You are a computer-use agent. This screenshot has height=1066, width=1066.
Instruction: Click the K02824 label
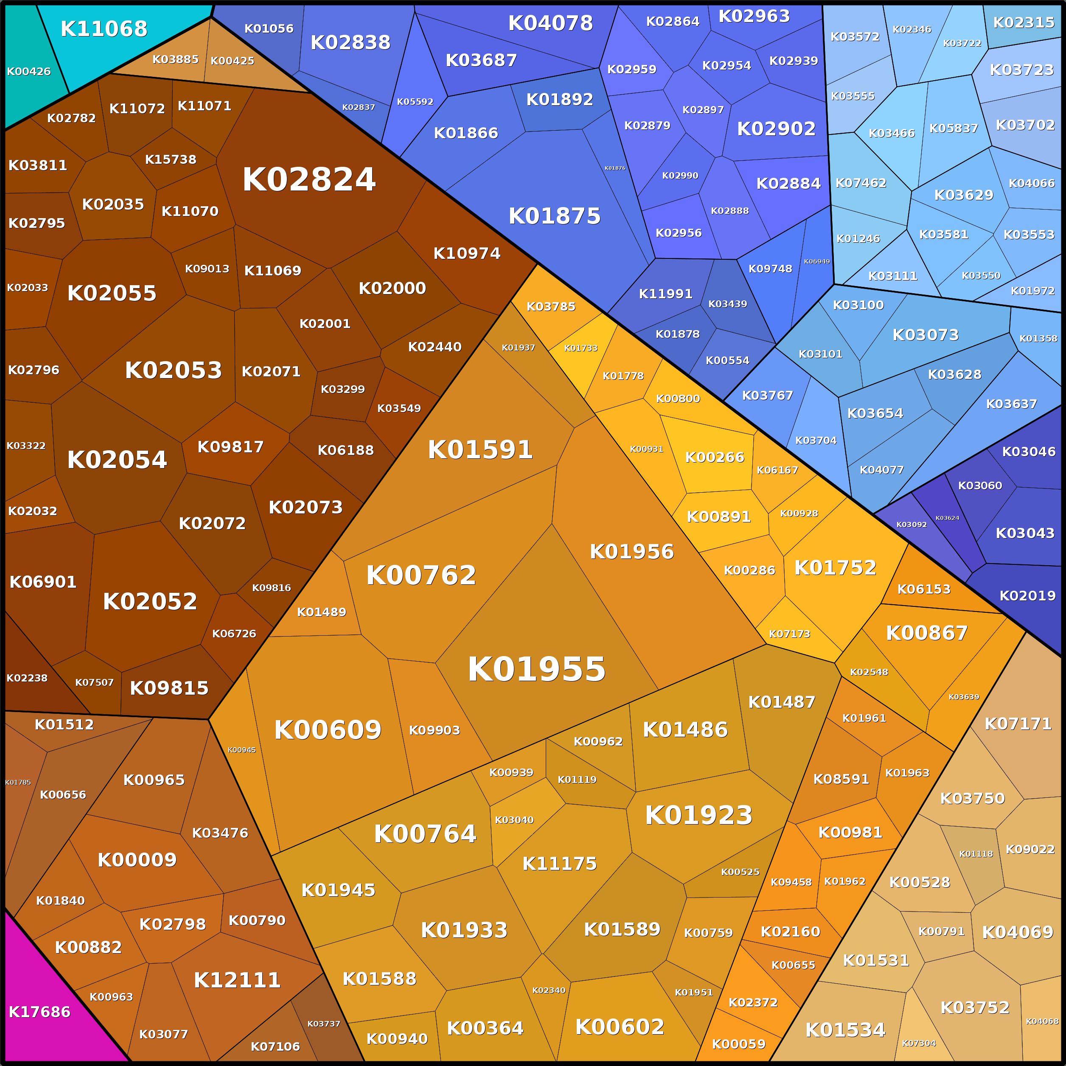click(x=309, y=180)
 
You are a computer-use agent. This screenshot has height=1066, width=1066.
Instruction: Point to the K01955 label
click(x=536, y=669)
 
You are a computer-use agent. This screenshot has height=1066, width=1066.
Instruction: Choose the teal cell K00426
click(x=29, y=71)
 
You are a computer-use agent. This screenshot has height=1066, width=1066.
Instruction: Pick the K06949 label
click(x=816, y=261)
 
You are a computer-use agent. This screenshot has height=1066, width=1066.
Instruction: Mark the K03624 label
click(x=947, y=518)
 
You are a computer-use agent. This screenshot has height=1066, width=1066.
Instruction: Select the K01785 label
click(x=18, y=783)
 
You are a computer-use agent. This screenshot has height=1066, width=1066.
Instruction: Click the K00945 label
click(x=241, y=750)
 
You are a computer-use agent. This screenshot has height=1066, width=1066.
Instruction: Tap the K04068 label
click(x=1042, y=1021)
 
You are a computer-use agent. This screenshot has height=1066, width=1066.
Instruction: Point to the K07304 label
click(x=919, y=1044)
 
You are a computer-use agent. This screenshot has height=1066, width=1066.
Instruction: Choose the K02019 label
click(x=1027, y=596)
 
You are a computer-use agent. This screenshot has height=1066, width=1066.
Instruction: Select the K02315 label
click(x=1024, y=22)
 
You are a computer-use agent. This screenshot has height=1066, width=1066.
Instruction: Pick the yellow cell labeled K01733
click(x=581, y=348)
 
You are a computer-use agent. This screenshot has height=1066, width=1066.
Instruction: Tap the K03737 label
click(x=323, y=1024)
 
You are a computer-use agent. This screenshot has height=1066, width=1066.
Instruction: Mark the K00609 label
click(x=328, y=730)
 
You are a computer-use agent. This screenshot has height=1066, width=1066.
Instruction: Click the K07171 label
click(x=1018, y=724)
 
